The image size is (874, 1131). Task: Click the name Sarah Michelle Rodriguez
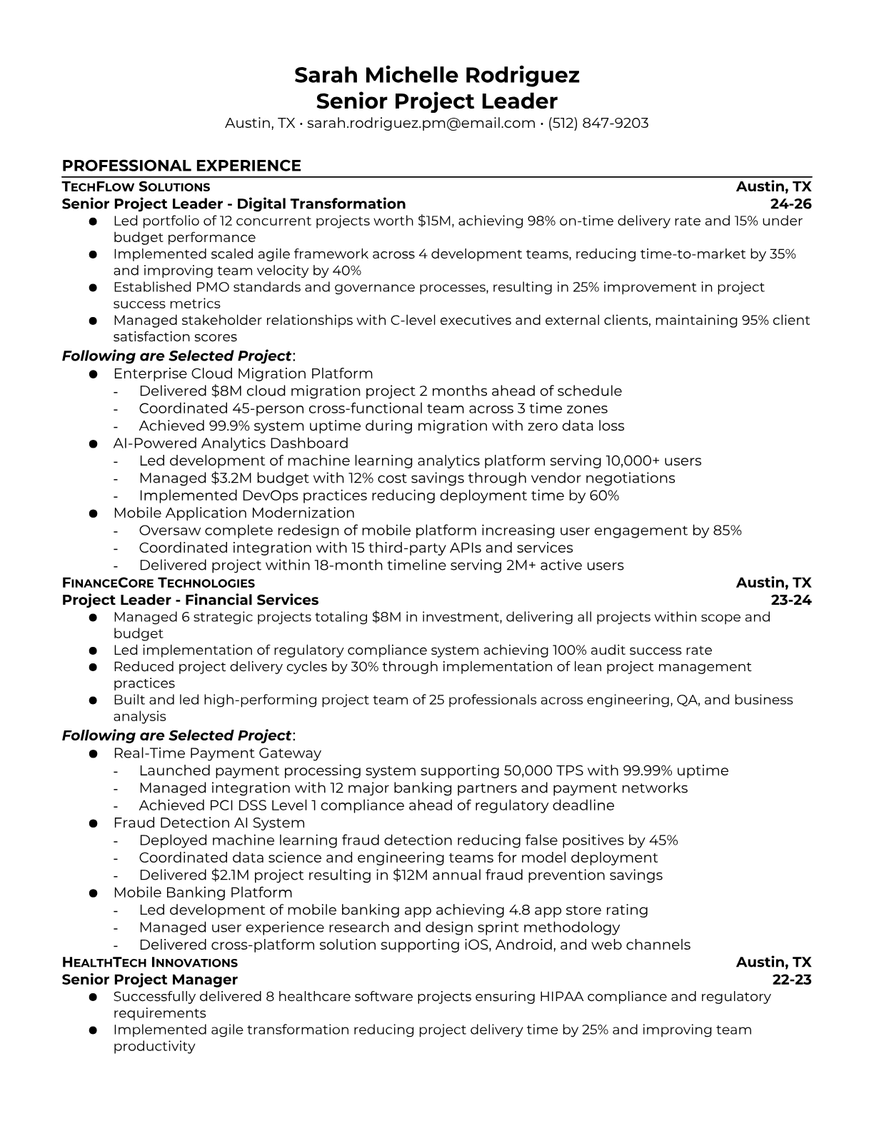coord(436,75)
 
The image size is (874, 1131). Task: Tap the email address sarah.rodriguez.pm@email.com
coord(421,123)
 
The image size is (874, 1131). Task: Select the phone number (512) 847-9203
coord(598,123)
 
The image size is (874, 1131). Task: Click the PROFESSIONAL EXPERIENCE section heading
coord(181,166)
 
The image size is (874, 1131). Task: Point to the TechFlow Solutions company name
coord(136,187)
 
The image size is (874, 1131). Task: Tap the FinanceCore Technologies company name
coord(158,583)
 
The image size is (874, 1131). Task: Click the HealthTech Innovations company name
coord(150,962)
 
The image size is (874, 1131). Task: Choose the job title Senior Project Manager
coord(150,980)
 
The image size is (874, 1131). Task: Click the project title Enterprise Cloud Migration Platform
coord(243,373)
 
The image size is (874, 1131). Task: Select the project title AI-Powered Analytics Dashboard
coord(231,443)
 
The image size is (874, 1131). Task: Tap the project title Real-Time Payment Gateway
coord(217,753)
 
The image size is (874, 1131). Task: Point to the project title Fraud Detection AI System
coord(209,823)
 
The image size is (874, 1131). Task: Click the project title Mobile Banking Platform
coord(203,893)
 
